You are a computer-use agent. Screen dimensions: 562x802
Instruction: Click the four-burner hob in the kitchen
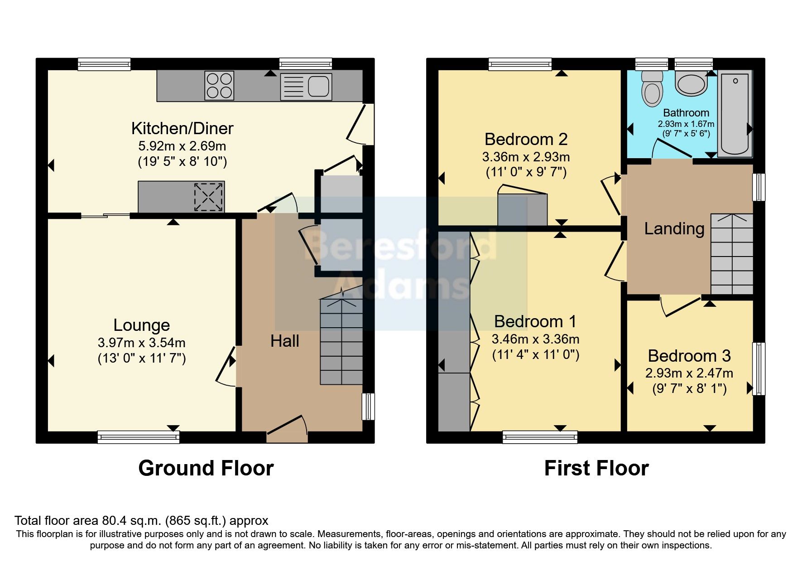220,86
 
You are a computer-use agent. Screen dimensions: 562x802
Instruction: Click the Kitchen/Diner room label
182,129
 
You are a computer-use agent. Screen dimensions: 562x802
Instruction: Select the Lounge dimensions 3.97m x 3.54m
141,343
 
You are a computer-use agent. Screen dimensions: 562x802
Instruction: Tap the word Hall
284,341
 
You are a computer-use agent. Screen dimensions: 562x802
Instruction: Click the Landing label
674,229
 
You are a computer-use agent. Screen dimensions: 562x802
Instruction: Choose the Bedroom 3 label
689,356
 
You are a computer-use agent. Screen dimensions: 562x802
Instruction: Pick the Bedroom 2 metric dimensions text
526,157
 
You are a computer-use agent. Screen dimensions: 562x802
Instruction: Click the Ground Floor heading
206,468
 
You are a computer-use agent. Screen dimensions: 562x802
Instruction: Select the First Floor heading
596,468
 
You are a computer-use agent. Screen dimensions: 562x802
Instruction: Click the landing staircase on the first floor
731,254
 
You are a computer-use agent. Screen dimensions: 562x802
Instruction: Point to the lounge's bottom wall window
138,437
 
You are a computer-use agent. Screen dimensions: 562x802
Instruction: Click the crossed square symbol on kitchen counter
208,197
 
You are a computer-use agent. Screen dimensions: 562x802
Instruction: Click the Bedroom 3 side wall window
759,369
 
